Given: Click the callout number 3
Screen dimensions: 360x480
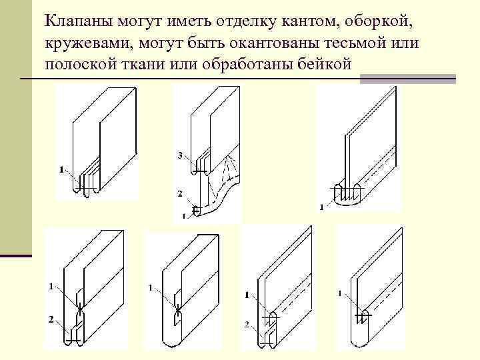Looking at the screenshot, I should click(180, 156).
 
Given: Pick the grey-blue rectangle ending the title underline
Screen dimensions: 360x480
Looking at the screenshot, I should click(407, 79).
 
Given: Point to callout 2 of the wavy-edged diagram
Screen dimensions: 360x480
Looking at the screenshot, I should click(179, 194).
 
